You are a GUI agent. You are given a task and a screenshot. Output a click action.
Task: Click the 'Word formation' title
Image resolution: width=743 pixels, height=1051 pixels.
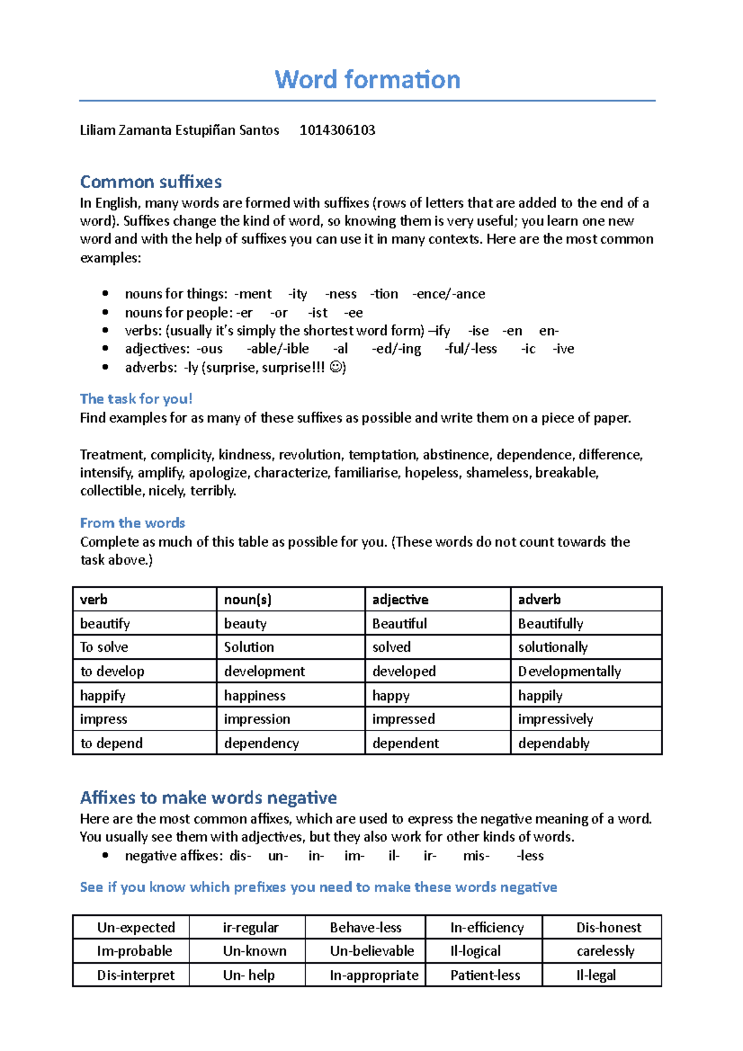(367, 80)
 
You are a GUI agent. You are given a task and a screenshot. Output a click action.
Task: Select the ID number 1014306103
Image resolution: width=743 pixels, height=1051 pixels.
(337, 131)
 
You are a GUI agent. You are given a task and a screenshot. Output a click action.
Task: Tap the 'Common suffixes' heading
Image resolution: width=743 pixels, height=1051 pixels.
(150, 182)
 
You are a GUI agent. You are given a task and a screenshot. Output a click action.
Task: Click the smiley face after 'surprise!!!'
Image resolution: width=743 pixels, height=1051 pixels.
(336, 367)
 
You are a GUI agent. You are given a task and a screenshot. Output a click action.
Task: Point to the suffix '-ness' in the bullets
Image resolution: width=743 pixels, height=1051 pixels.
(341, 294)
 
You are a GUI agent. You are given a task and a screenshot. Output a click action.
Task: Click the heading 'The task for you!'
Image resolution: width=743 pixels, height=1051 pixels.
(136, 399)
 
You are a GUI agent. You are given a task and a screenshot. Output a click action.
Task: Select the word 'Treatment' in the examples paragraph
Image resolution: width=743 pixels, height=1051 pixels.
(112, 455)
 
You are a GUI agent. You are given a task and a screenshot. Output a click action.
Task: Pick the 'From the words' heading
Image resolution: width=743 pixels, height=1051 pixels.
(132, 523)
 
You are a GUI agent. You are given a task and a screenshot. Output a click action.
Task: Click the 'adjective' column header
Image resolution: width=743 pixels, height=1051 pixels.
(400, 599)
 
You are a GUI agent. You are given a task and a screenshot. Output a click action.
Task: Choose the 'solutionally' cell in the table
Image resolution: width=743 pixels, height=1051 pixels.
(552, 647)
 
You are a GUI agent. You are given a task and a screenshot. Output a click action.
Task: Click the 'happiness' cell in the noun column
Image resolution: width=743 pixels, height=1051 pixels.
(254, 696)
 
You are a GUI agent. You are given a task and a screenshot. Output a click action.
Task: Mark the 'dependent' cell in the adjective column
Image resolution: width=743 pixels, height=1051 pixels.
(406, 743)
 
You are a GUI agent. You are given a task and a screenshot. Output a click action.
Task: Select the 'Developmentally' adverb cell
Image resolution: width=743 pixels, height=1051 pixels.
(569, 672)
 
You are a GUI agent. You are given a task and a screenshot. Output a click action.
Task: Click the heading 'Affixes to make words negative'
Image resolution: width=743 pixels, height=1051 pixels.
(208, 797)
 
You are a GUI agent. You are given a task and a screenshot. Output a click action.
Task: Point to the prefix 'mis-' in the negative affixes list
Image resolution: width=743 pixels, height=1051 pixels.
(476, 856)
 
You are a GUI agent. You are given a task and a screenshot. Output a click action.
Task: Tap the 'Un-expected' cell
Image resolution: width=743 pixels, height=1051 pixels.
(136, 927)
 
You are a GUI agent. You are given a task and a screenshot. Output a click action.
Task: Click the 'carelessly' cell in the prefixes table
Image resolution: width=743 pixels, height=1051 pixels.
(605, 951)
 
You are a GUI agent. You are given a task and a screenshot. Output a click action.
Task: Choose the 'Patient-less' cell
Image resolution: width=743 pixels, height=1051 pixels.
(485, 975)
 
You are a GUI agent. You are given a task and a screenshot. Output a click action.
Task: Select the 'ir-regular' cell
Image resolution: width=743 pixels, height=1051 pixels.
(250, 927)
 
